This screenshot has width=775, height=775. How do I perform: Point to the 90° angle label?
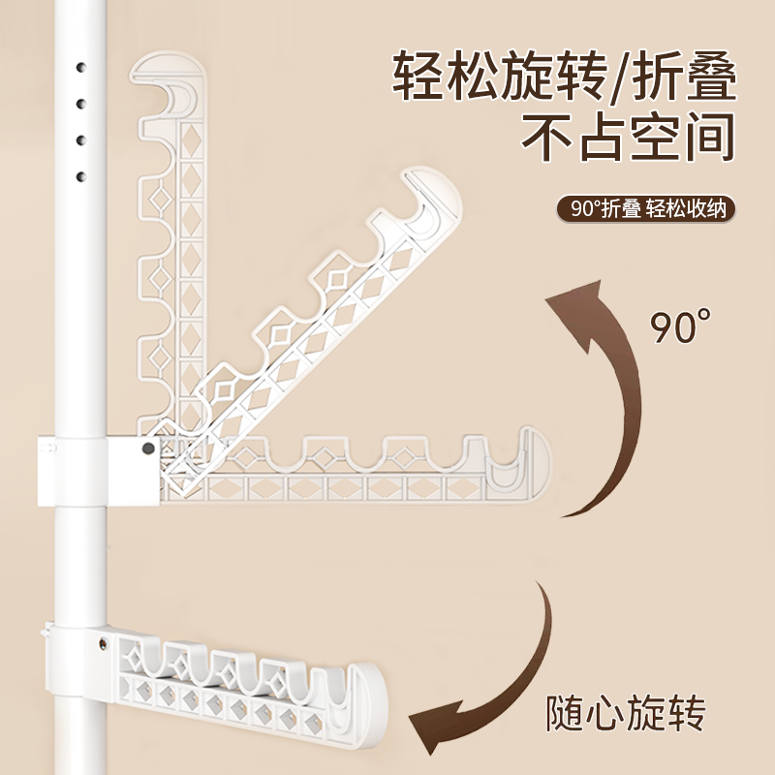[x=689, y=328]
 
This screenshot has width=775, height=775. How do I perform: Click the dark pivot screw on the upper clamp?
[x=147, y=449]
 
